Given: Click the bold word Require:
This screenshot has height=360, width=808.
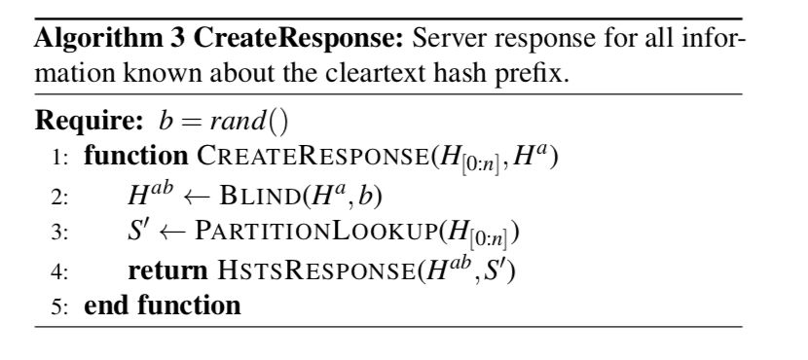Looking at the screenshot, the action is pyautogui.click(x=90, y=121).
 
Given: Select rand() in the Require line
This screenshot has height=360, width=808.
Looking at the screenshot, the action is pyautogui.click(x=258, y=121).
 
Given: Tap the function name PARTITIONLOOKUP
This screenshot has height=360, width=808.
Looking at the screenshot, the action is pyautogui.click(x=321, y=233).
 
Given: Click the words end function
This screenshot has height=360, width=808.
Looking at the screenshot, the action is pyautogui.click(x=163, y=306).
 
